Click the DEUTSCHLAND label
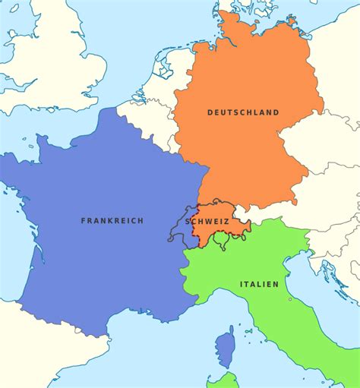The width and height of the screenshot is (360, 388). (243, 112)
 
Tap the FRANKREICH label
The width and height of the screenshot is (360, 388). (112, 220)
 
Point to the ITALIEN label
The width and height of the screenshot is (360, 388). (259, 284)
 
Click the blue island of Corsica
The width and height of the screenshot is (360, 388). (225, 346)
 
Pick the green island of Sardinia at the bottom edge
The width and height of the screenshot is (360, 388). (225, 380)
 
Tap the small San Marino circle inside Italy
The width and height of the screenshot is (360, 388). (289, 299)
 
